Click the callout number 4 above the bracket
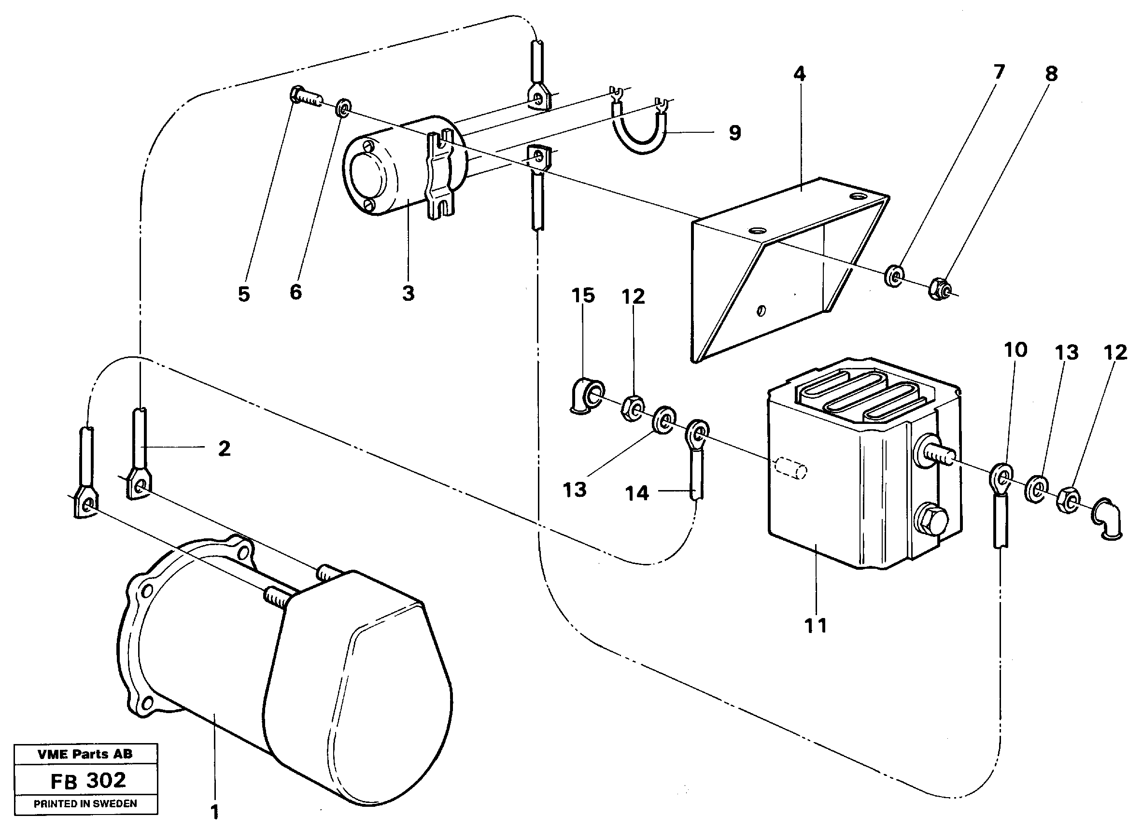click(799, 74)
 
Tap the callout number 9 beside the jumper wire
click(734, 133)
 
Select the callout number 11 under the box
click(815, 626)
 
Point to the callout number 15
click(582, 295)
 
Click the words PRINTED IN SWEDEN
click(85, 803)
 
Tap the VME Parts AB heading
click(85, 754)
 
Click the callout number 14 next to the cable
click(637, 493)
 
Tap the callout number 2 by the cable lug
click(224, 449)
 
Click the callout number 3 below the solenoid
click(408, 293)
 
